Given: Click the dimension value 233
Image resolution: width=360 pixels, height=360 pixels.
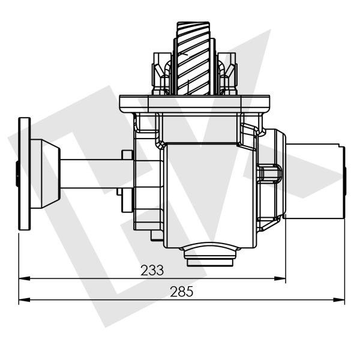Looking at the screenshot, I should click(152, 270).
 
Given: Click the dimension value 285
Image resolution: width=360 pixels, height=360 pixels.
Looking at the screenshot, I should click(181, 292).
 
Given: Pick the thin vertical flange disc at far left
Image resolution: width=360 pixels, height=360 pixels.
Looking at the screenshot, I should click(25, 174).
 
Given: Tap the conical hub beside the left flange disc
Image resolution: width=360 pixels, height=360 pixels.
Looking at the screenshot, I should click(44, 174).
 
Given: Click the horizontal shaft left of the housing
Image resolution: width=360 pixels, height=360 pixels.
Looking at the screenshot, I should click(90, 174).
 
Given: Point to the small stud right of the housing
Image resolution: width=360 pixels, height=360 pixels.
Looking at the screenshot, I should click(270, 175).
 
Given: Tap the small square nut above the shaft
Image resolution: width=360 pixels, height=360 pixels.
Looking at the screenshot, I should click(127, 155).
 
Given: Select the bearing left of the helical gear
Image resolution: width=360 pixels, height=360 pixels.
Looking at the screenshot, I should click(161, 75).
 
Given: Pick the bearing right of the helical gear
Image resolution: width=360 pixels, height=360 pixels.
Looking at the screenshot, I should click(226, 75).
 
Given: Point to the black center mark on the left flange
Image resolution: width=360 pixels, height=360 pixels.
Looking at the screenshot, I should click(19, 174).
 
